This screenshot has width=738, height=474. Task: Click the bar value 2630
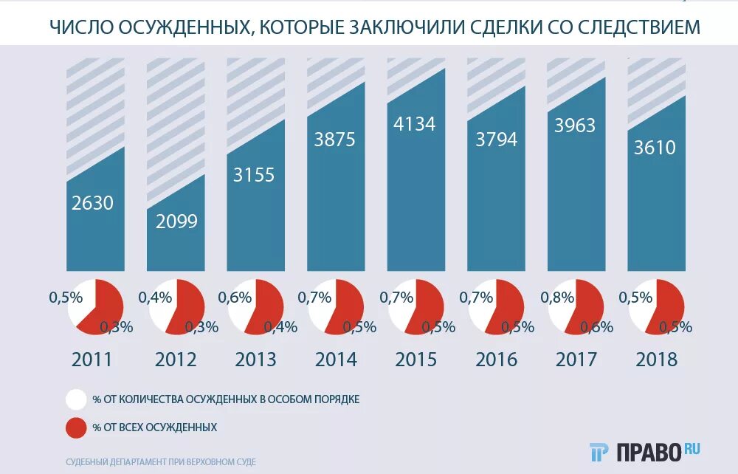point(93,202)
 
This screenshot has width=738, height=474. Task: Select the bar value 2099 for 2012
point(176,221)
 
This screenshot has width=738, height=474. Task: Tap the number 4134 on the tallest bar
point(415,123)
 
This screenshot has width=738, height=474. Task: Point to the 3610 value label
point(655,148)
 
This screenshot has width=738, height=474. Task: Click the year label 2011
point(92,360)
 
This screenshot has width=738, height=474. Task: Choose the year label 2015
point(415,360)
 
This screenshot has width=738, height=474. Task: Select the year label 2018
point(656,360)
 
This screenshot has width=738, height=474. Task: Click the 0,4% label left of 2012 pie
point(155,298)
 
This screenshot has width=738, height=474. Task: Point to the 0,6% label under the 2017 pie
point(597,327)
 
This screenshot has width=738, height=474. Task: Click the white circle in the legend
point(76,399)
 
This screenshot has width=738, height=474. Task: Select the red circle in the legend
point(76,427)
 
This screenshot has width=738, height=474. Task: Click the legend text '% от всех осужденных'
point(154,427)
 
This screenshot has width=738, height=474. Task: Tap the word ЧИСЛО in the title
point(79,27)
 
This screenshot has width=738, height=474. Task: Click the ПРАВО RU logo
point(645,450)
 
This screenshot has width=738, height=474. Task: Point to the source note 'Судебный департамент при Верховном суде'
point(161,461)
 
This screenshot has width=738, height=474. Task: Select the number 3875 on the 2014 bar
point(335,139)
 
